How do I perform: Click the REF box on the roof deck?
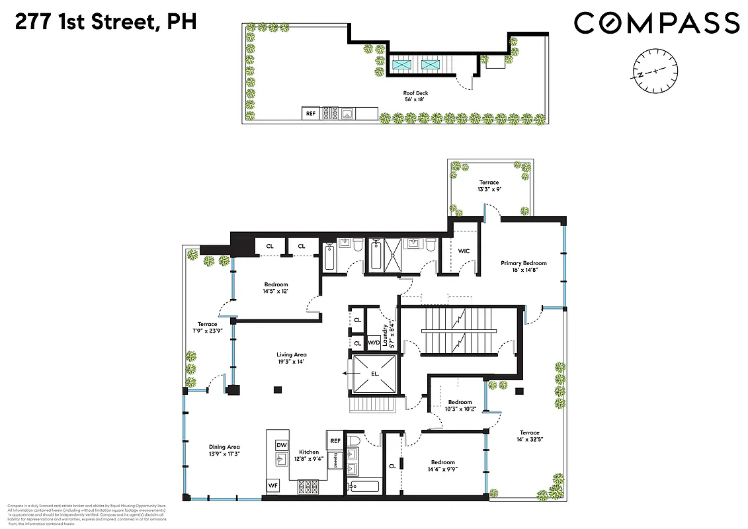coord(311,114)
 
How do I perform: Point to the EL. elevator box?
coord(375,373)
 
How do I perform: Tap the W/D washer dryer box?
coord(373,343)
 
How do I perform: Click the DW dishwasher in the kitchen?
coord(281,444)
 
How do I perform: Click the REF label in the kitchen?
coord(335,440)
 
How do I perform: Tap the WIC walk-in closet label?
coord(464,251)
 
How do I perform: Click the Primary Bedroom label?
coord(523,266)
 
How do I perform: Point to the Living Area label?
coord(292,358)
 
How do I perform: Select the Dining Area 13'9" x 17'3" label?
coord(224,451)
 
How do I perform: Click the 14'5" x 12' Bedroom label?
coord(275,288)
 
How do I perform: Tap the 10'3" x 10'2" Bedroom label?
coord(460,406)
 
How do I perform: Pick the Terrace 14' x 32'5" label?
coord(529,436)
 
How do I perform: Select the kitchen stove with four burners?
coord(309,487)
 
